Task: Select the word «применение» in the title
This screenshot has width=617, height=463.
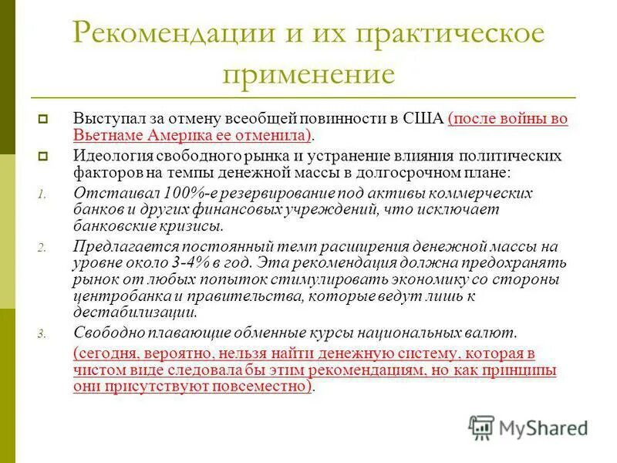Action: [308, 74]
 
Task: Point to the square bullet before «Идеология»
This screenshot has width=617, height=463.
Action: [44, 156]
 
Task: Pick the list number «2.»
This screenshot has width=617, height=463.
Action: [42, 248]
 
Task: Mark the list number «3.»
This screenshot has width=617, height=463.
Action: [42, 334]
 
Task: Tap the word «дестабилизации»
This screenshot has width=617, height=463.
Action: [134, 313]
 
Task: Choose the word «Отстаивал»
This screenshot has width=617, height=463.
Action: [111, 192]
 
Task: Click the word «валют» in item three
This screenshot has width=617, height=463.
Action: [495, 333]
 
